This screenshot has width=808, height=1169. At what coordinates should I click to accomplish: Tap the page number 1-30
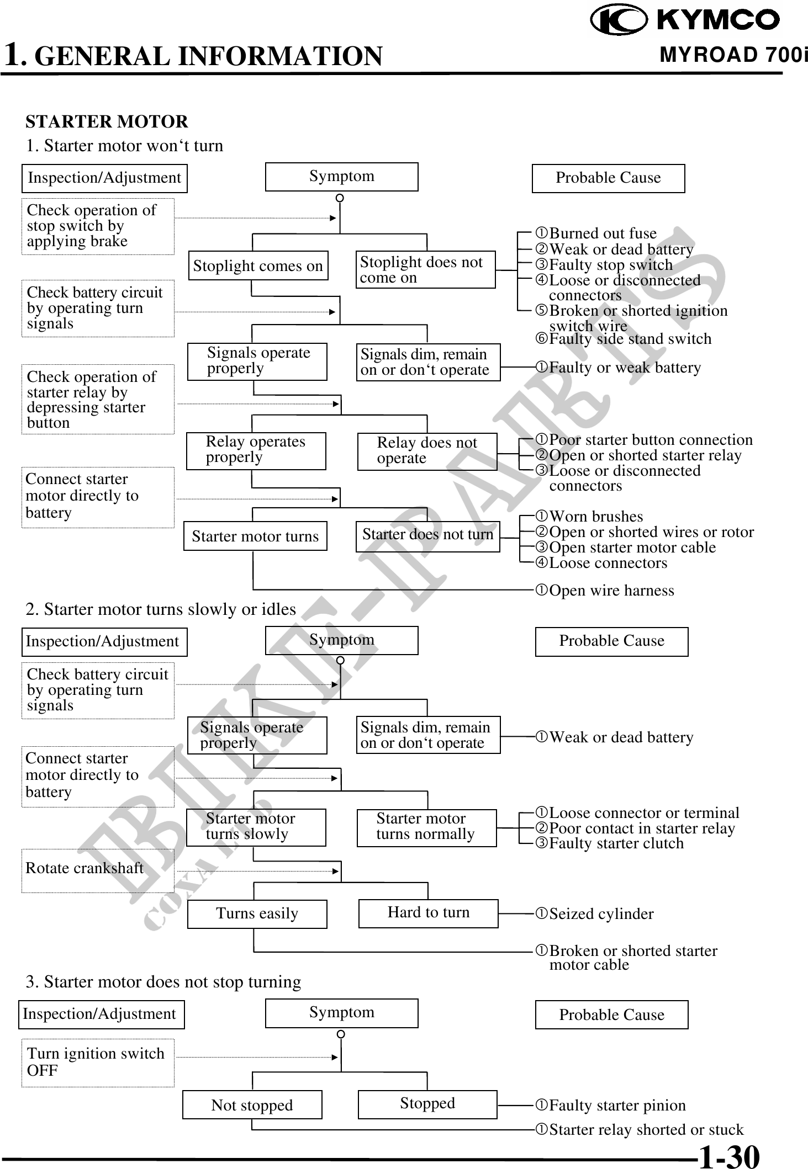pyautogui.click(x=729, y=1156)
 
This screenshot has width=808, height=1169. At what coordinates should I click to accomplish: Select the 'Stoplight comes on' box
pyautogui.click(x=257, y=265)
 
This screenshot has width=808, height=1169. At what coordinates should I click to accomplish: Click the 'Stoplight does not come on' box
pyautogui.click(x=425, y=270)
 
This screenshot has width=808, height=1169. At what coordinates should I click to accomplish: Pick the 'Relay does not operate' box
pyautogui.click(x=427, y=451)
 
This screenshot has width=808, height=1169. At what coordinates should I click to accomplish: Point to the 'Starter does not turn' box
pyautogui.click(x=427, y=536)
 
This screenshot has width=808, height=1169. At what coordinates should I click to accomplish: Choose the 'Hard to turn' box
pyautogui.click(x=428, y=913)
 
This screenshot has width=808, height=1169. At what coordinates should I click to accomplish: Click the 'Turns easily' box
pyautogui.click(x=257, y=914)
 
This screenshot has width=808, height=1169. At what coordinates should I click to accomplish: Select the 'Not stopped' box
pyautogui.click(x=252, y=1104)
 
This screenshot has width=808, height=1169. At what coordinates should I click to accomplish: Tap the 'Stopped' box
pyautogui.click(x=427, y=1104)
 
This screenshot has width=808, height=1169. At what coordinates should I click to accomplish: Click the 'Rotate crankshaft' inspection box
pyautogui.click(x=98, y=870)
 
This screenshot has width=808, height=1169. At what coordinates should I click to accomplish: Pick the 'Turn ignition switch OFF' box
pyautogui.click(x=98, y=1062)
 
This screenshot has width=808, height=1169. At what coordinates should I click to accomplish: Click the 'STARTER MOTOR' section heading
pyautogui.click(x=107, y=121)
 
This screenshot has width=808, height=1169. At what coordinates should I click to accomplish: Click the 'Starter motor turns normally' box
pyautogui.click(x=426, y=827)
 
